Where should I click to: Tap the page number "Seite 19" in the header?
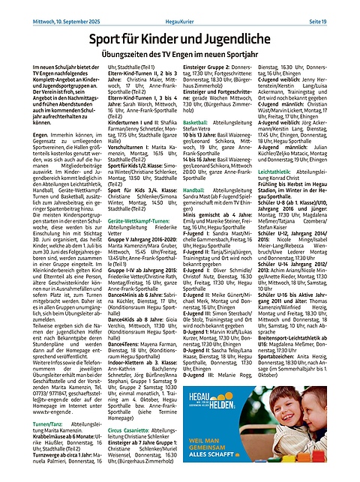(340, 8)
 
